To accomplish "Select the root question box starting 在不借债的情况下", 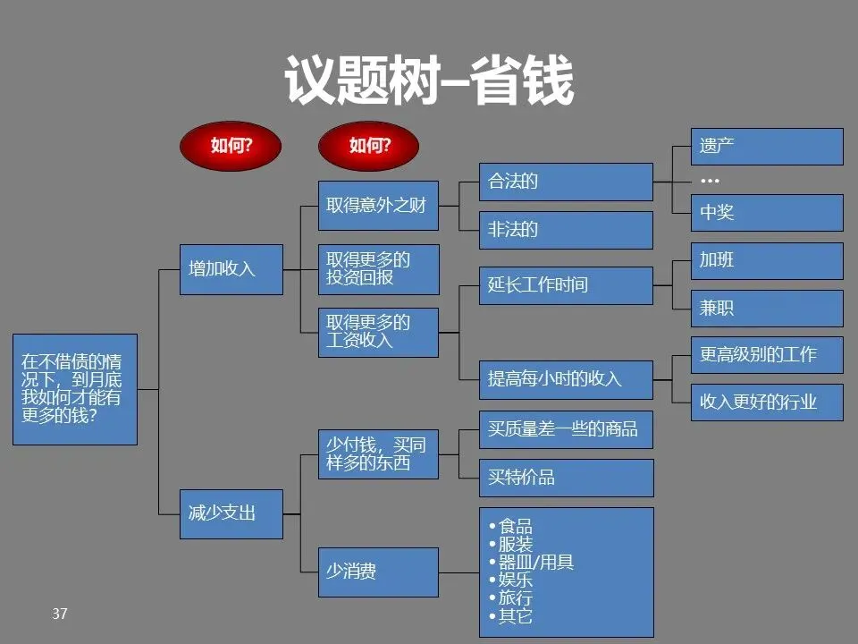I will [x=75, y=389].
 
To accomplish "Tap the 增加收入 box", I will [x=231, y=269].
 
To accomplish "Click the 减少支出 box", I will [x=231, y=513].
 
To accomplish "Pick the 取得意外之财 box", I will [x=379, y=206].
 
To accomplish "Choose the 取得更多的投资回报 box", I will [x=379, y=269].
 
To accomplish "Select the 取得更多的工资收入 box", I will [x=379, y=332].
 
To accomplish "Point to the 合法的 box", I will [x=566, y=182].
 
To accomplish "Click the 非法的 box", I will [x=566, y=230].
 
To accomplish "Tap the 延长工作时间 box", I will [x=566, y=286].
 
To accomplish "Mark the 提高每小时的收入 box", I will [x=566, y=378].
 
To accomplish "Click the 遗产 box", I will [x=767, y=147].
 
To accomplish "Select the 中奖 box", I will [x=767, y=213].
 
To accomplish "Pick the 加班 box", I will [x=767, y=261].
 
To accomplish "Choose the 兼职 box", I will [x=767, y=309].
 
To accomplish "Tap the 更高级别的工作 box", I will [x=767, y=355].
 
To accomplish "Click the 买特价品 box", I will [x=566, y=478].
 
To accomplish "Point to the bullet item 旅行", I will [x=516, y=597].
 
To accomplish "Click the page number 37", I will [x=60, y=614].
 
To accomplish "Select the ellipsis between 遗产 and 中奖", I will [x=710, y=181].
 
